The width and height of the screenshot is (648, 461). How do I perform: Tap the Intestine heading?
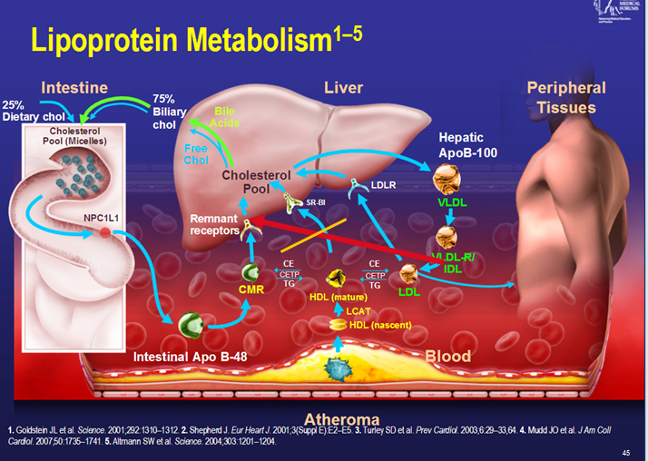[x=74, y=88]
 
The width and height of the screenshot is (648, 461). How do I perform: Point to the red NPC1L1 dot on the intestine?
[x=105, y=233]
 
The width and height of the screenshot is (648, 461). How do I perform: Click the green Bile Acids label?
[x=226, y=117]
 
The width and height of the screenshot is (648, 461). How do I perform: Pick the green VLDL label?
[x=452, y=201]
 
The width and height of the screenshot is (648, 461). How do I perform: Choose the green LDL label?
[x=410, y=291]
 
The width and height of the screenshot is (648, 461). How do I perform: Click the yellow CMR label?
[x=250, y=289]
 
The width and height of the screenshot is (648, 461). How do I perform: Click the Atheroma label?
[x=341, y=419]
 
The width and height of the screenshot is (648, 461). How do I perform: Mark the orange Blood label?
[x=448, y=356]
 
